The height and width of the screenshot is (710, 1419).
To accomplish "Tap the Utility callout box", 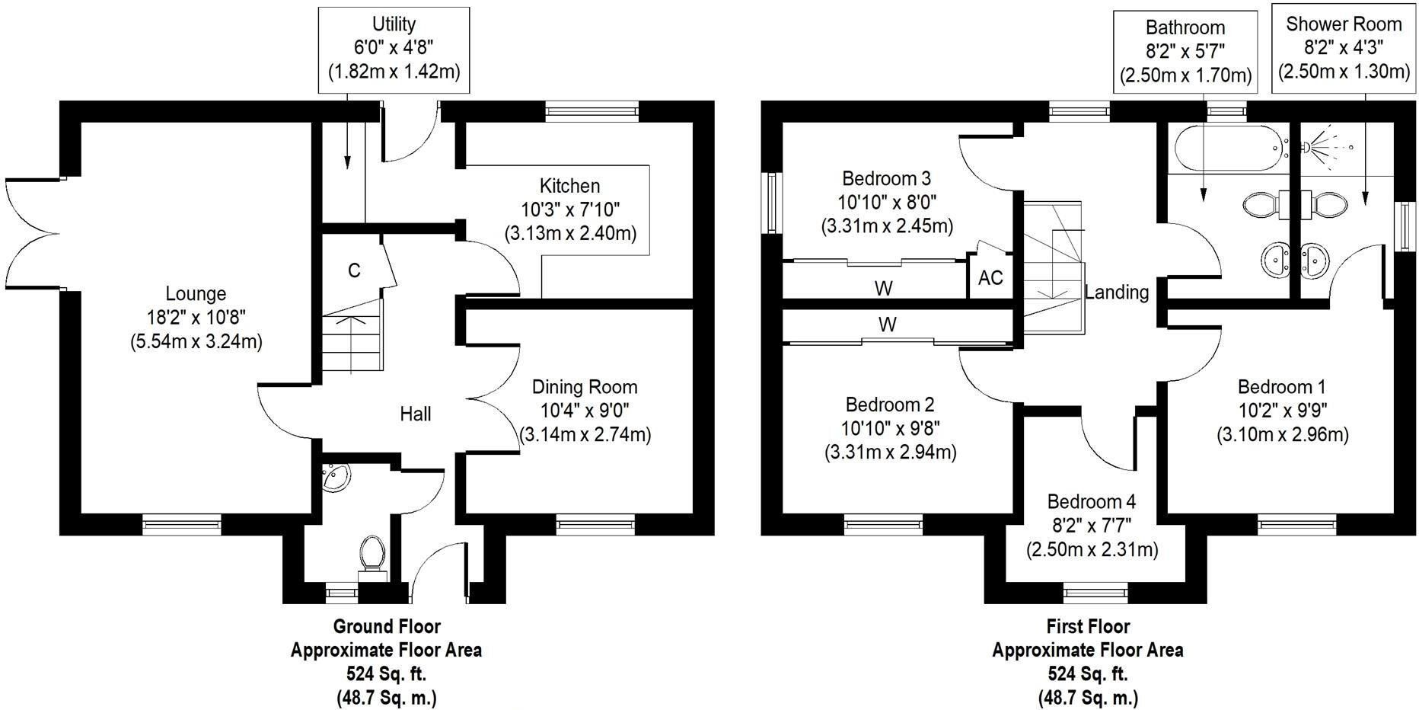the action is click(394, 50).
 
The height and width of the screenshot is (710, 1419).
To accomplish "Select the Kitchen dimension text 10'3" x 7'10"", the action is click(570, 209).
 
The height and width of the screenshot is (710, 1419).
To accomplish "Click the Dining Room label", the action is click(585, 387).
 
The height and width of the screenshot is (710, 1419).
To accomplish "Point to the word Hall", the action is click(416, 414).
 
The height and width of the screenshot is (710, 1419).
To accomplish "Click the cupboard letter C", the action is click(354, 270).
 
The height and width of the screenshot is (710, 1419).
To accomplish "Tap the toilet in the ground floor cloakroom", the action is click(372, 555).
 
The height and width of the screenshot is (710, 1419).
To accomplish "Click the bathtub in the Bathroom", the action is click(1228, 149).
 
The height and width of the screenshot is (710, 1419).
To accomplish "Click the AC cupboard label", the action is click(990, 278).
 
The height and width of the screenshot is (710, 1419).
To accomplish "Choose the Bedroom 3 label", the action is click(886, 178).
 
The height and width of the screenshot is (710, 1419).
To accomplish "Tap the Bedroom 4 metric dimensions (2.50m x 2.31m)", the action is click(1092, 549).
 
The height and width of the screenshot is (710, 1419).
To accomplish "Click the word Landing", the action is click(1117, 292).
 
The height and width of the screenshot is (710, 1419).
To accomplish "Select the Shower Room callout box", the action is click(1343, 50).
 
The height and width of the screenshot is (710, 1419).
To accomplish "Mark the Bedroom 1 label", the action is click(1283, 386).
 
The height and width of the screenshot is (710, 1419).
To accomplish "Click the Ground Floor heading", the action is click(387, 626).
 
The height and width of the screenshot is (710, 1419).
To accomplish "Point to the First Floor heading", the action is click(1088, 626).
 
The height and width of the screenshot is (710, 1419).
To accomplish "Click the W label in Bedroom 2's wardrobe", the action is click(887, 325).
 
